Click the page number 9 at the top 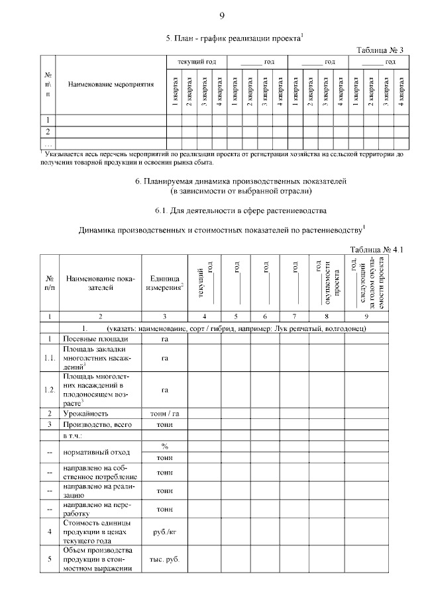(x=222, y=15)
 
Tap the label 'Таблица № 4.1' (x=376, y=250)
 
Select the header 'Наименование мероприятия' (x=110, y=85)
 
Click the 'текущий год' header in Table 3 (x=197, y=62)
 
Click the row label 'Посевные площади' (x=91, y=338)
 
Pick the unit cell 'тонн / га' (x=166, y=413)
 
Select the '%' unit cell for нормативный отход (x=166, y=447)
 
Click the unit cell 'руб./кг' (x=166, y=530)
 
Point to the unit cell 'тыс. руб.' (x=166, y=559)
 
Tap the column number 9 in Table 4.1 (x=366, y=316)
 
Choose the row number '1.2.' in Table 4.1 (x=50, y=389)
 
